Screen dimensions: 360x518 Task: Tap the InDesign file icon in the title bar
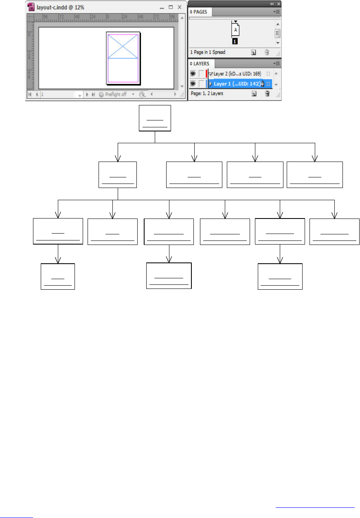click(x=31, y=7)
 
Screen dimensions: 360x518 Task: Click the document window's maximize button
click(x=171, y=7)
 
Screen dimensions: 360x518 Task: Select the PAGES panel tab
click(x=200, y=12)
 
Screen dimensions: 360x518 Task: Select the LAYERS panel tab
click(x=202, y=63)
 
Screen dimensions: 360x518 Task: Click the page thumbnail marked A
click(x=235, y=30)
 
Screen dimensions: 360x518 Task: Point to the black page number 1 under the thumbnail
click(x=235, y=41)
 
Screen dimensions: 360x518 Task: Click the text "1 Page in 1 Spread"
click(x=208, y=52)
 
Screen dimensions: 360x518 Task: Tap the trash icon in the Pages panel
click(x=267, y=52)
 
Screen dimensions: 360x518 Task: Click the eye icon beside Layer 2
click(x=193, y=74)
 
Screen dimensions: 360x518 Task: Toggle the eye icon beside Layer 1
click(x=193, y=83)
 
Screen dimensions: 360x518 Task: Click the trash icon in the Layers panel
click(x=267, y=93)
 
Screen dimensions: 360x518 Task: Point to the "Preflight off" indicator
click(x=116, y=94)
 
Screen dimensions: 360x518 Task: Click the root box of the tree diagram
click(x=155, y=118)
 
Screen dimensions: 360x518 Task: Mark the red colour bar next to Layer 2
click(x=206, y=74)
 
